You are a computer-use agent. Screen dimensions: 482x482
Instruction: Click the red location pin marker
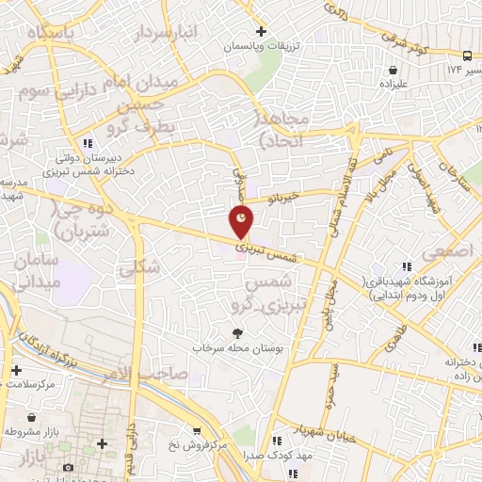coord(241,221)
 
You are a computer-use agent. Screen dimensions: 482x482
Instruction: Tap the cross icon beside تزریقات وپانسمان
coord(263,30)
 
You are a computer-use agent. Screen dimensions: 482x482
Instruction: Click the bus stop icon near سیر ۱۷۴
coord(468,56)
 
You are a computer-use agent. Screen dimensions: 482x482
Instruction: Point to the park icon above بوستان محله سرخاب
coord(237,332)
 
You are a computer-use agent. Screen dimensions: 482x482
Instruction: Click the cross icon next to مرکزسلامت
coord(15,370)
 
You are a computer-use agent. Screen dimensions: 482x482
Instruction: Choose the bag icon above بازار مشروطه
coord(32,416)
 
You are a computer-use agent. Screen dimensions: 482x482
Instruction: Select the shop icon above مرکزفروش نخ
coord(195,429)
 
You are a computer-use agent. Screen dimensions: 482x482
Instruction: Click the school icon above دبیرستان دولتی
coord(88,144)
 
